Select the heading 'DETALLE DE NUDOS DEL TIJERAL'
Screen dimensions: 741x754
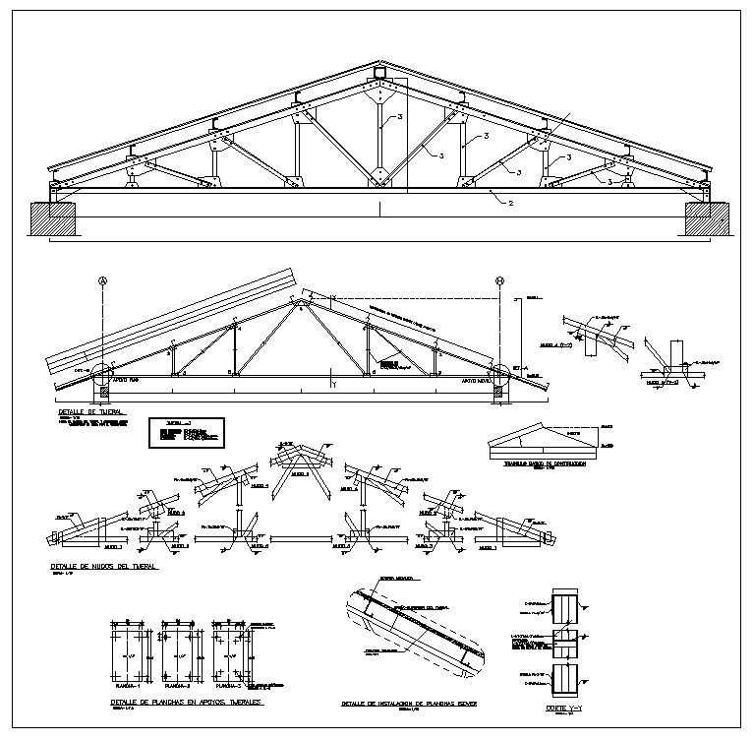click(x=103, y=567)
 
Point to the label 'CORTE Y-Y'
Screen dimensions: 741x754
click(x=563, y=708)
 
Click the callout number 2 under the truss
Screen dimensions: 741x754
click(x=510, y=203)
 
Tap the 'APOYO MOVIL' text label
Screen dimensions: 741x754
click(x=477, y=377)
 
